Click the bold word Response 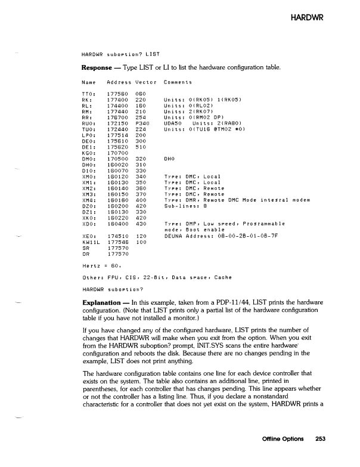click(98, 67)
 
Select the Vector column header click(146, 81)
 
